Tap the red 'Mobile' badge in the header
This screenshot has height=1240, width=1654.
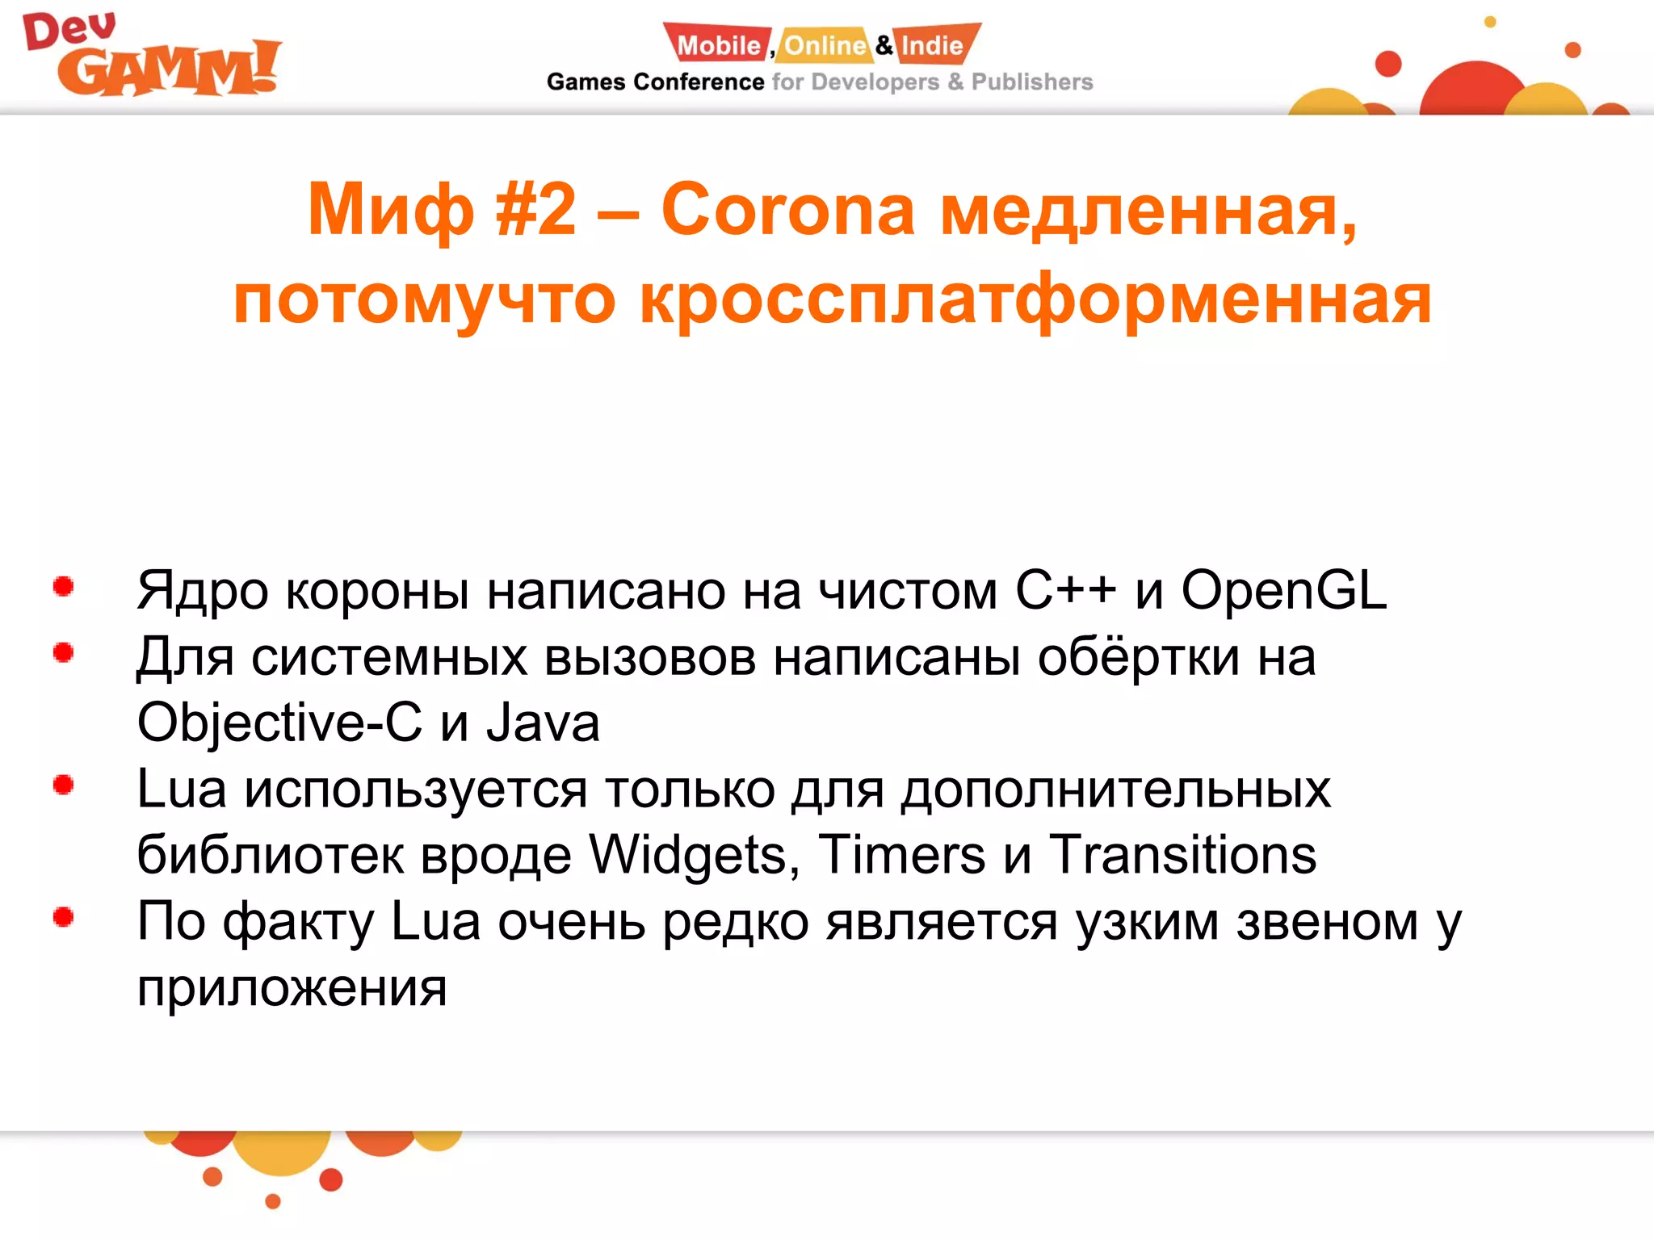718,45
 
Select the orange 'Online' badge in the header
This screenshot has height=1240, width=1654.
825,45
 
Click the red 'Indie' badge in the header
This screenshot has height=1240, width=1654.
933,45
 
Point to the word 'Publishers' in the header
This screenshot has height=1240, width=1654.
1031,82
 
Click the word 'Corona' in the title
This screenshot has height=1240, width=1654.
787,210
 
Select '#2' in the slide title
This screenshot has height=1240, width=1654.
535,210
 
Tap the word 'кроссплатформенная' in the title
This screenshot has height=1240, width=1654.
1035,300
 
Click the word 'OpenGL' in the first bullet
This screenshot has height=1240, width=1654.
1283,590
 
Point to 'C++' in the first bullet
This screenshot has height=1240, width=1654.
1065,590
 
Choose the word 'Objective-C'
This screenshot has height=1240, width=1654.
279,723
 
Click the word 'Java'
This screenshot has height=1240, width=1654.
543,723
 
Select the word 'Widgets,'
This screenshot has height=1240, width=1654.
694,855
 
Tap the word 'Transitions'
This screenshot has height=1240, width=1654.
1182,855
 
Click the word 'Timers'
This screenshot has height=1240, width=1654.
901,855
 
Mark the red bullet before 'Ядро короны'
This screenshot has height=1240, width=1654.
64,587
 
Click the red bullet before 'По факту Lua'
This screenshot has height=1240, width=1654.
64,917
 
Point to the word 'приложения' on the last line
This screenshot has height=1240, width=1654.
292,987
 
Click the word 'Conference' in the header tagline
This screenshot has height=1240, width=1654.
699,82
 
